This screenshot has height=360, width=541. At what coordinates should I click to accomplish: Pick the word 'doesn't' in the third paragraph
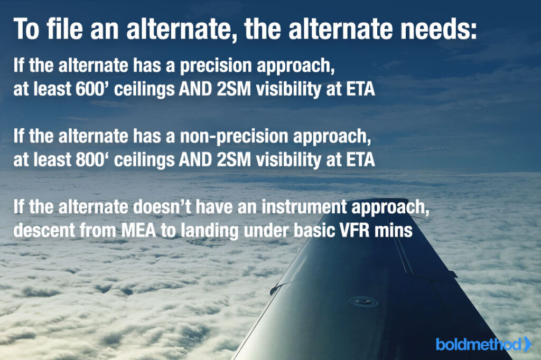[x=162, y=207]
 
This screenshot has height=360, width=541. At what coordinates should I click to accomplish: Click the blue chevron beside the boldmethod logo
[x=528, y=344]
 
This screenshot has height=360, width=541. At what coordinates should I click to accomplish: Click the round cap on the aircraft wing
[x=363, y=302]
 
